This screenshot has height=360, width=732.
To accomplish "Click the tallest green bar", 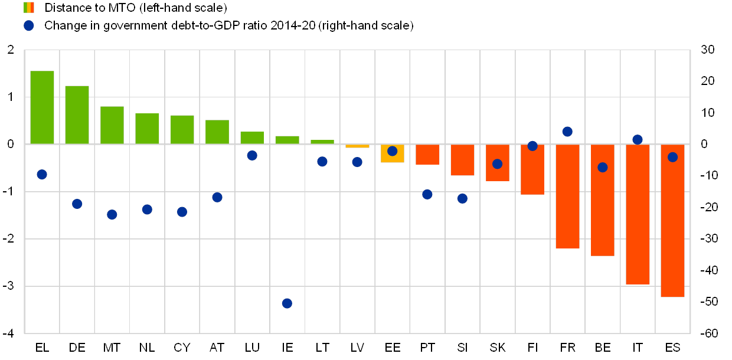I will click(42, 107).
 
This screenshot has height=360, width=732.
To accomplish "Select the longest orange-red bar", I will click(672, 221).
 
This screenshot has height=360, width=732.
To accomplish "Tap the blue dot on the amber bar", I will click(392, 151).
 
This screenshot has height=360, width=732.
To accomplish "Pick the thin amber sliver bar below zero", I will click(357, 146).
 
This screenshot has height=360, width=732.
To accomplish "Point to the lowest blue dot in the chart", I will click(287, 303).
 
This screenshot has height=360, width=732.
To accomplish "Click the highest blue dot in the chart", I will click(567, 132).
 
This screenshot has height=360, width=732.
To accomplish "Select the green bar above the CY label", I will click(182, 129).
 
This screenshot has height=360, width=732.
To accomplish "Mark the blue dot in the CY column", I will click(182, 212).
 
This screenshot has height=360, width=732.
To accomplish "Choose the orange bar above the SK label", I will click(497, 162).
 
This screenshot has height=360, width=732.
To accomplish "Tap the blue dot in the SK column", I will click(497, 164).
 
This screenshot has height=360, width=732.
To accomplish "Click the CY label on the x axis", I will click(182, 348).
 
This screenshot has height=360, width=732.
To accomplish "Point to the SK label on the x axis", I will click(498, 348).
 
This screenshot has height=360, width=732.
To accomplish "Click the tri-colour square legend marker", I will click(29, 8).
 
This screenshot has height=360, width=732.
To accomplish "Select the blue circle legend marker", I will click(29, 25).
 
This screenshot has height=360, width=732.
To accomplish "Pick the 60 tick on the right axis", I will click(708, 333).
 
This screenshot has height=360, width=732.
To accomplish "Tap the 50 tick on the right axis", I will click(708, 302).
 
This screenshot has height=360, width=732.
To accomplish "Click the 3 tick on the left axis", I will click(10, 286).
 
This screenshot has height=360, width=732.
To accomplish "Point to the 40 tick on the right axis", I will click(708, 270).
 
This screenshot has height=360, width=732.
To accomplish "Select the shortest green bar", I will click(322, 142).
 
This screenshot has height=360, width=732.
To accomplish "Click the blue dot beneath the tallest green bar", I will click(42, 174).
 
